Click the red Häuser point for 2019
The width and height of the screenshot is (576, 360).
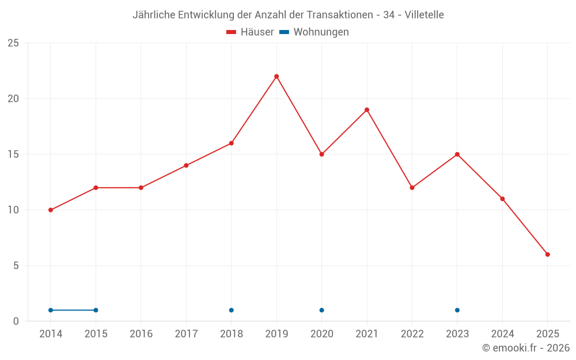[x=276, y=77]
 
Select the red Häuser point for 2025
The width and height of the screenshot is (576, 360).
[x=548, y=255]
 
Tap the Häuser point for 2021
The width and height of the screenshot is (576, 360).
[x=367, y=110]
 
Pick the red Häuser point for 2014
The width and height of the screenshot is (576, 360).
[x=51, y=210]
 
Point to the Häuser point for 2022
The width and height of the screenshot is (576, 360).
[x=412, y=188]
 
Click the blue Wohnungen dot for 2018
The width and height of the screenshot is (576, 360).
[x=232, y=310]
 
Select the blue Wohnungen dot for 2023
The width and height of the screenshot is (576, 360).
[x=457, y=310]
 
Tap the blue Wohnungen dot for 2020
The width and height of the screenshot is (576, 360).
[x=321, y=310]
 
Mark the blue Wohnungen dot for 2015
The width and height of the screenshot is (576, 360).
[x=96, y=310]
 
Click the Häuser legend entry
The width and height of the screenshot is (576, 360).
[x=250, y=32]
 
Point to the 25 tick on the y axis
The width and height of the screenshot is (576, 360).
[x=13, y=43]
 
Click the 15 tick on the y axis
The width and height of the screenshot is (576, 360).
[x=13, y=154]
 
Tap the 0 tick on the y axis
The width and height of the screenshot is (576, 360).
[x=16, y=321]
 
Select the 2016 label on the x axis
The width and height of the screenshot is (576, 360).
[x=141, y=334]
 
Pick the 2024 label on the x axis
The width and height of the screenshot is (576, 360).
[x=502, y=334]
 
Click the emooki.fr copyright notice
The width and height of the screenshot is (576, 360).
[x=526, y=348]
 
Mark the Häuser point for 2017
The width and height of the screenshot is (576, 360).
[x=186, y=165]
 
